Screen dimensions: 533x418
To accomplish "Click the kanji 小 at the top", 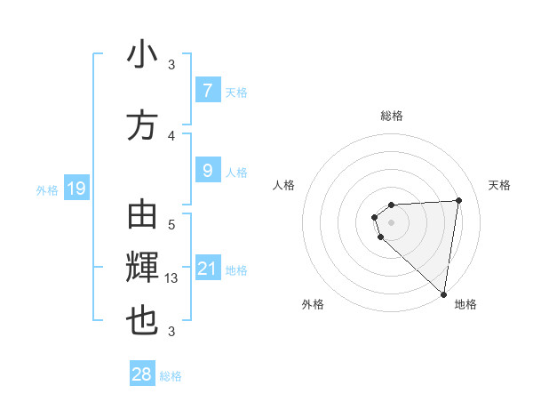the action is pos(142,54).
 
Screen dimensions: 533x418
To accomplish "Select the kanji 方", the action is pos(142,125).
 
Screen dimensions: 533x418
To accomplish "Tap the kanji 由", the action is pos(142,216).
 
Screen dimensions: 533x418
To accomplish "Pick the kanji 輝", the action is pos(142,268).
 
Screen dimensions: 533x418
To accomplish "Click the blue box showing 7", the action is pos(207,90).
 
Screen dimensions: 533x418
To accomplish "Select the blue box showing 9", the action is pos(207,169).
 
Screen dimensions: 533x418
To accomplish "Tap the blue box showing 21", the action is pos(207,269).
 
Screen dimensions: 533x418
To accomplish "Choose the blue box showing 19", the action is pos(76,188).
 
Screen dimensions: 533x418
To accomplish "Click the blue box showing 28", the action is pos(142,374).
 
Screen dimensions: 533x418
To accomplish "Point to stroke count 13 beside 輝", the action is pos(172,278).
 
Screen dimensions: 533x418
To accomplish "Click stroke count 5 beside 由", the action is pos(171,225).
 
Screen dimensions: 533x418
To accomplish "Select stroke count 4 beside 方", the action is pos(171,135).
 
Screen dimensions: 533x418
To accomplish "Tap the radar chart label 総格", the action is pos(391,116).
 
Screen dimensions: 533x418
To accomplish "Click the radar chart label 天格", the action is pos(499,185).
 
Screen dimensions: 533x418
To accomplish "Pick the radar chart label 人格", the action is pos(283,185).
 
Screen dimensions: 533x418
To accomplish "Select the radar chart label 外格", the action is pos(312,304).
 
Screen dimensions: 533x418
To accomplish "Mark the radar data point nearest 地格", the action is pos(444,293).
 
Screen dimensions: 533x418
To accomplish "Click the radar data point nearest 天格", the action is pos(458,200).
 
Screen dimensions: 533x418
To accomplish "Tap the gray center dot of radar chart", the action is pos(391,221).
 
